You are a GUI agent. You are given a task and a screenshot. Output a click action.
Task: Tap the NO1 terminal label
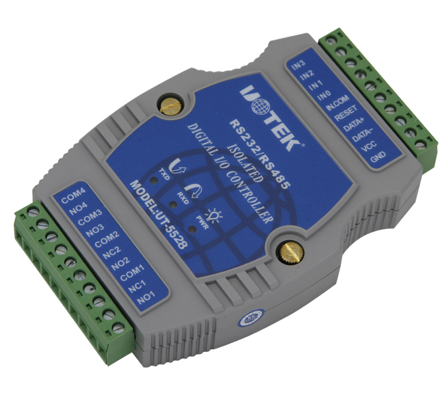tap(145, 298)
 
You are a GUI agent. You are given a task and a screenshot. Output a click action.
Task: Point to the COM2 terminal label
tap(107, 239)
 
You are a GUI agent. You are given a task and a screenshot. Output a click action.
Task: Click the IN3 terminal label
tap(299, 65)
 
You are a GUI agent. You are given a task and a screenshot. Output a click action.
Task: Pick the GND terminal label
tap(378, 156)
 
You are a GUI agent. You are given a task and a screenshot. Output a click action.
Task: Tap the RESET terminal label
tap(346, 113)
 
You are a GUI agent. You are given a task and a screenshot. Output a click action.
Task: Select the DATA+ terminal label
tap(353, 125)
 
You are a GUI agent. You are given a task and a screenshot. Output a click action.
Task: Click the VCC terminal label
tap(370, 146)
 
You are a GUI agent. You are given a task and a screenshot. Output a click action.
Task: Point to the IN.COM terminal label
tap(337, 102)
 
